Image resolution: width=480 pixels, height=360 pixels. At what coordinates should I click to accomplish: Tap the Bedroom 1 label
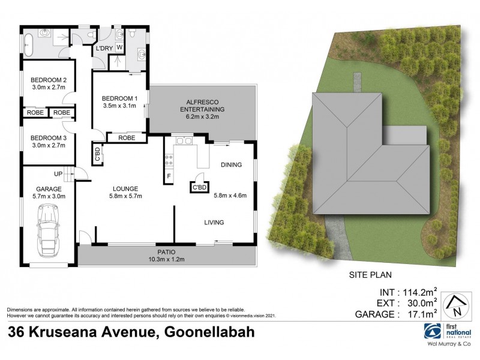point(119,98)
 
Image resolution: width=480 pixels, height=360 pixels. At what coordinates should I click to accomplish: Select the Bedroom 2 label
point(49,80)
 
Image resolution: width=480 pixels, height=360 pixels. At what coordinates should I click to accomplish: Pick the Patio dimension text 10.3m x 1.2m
point(165,259)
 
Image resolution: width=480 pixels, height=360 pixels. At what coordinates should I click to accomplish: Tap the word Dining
point(231,164)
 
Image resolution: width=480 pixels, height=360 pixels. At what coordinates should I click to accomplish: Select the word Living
point(214,223)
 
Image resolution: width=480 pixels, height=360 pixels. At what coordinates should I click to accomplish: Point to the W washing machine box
point(119,47)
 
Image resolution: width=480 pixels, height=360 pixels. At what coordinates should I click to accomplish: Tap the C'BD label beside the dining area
point(199,187)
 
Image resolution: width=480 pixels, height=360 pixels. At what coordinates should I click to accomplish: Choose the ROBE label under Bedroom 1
point(127,138)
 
